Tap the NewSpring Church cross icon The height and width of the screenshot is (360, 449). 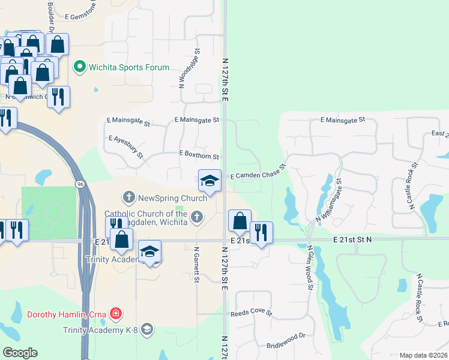[128, 197]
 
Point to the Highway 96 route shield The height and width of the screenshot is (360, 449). [79, 184]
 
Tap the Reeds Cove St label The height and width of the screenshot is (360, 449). [252, 313]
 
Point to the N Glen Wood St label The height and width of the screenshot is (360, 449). [310, 267]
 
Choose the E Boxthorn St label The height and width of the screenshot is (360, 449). [199, 154]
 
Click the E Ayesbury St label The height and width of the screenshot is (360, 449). [126, 146]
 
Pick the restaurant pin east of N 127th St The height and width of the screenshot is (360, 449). [261, 233]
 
